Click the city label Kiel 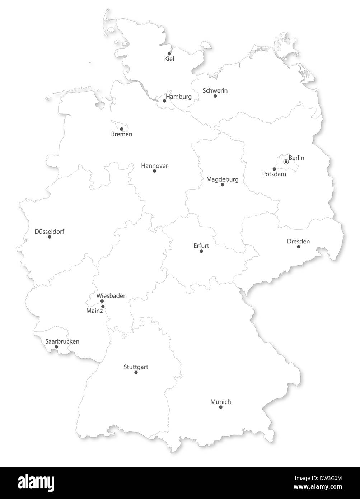(169, 59)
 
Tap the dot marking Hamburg (164, 101)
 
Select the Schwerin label (215, 90)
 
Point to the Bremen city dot (122, 129)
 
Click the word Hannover (154, 166)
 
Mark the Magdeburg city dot (222, 185)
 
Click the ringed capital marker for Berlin (286, 162)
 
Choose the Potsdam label (274, 174)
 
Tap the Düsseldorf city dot (50, 237)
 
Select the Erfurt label (201, 246)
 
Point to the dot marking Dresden (298, 247)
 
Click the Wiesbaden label (111, 296)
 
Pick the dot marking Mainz (103, 307)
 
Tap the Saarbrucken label (62, 341)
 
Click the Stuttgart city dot (136, 372)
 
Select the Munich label (220, 402)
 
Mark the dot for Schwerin (215, 96)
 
